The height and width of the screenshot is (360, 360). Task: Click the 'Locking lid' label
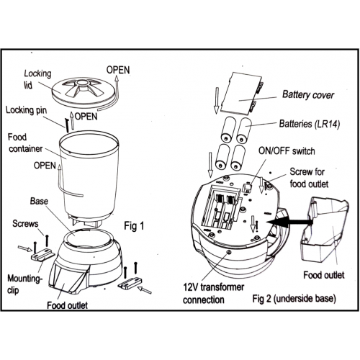click(37, 79)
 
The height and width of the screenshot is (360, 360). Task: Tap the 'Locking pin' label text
click(26, 110)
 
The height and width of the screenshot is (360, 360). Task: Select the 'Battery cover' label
click(308, 94)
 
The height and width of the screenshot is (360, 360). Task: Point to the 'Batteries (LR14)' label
click(310, 124)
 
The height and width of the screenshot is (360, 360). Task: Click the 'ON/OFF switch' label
click(287, 151)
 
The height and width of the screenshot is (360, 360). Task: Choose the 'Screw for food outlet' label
click(309, 178)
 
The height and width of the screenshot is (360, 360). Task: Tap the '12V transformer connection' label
click(213, 293)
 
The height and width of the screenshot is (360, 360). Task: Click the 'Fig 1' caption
click(134, 226)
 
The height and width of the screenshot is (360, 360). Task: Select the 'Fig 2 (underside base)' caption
click(294, 299)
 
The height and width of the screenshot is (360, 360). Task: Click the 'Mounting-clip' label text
click(25, 284)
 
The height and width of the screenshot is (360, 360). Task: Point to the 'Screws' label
click(25, 224)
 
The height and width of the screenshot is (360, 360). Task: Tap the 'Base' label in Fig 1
click(39, 201)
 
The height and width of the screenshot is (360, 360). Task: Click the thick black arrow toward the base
click(290, 222)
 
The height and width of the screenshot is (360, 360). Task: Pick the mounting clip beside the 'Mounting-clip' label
click(42, 255)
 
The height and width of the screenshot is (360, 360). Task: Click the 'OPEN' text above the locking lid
click(118, 70)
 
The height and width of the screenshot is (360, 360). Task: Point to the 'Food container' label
click(25, 143)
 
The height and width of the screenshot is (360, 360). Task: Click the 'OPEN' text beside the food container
click(45, 166)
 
